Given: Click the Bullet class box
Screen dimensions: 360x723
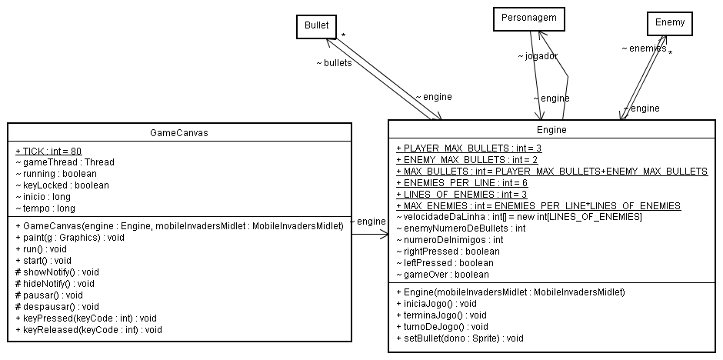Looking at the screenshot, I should click(316, 26).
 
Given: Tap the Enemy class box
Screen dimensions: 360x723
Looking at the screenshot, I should click(669, 24).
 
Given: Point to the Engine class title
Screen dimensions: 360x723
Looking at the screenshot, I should click(551, 130).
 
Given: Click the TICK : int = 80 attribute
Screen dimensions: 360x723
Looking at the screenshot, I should click(48, 151).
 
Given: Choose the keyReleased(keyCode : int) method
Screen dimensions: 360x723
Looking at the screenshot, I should click(88, 329).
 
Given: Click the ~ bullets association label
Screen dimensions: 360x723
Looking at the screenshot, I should click(334, 62).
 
